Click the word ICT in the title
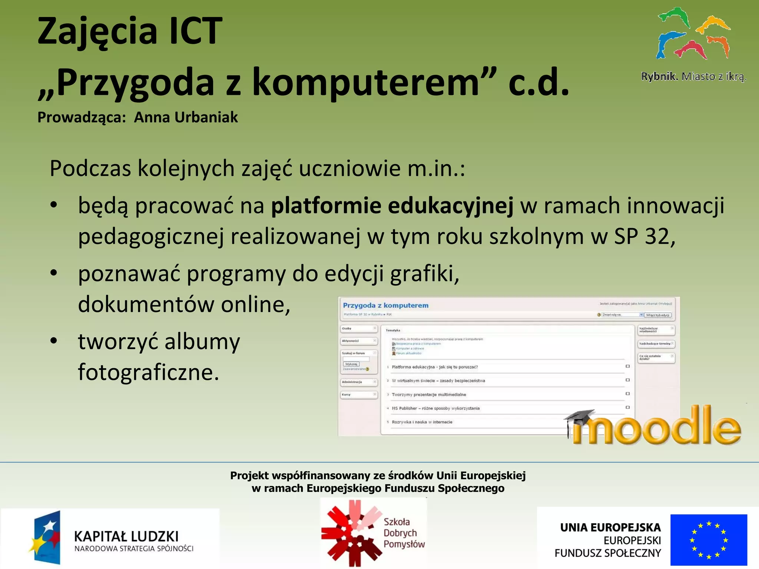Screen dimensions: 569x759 pos(195,31)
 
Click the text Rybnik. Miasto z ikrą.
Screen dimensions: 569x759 pos(693,77)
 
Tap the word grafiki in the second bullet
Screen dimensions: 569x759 pos(424,274)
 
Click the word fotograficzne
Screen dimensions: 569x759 pos(148,372)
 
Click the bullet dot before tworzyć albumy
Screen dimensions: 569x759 pos(54,340)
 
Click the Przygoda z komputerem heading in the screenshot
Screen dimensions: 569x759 pos(385,305)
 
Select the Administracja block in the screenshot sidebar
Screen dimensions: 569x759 pos(358,382)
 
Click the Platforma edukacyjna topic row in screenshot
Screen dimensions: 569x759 pos(434,367)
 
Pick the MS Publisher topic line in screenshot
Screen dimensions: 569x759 pos(435,408)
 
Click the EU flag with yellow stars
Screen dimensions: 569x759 pos(708,539)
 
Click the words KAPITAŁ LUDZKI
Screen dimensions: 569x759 pos(126,536)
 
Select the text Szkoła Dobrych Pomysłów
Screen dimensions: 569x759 pos(404,533)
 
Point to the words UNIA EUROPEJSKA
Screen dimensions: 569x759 pos(610,528)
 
